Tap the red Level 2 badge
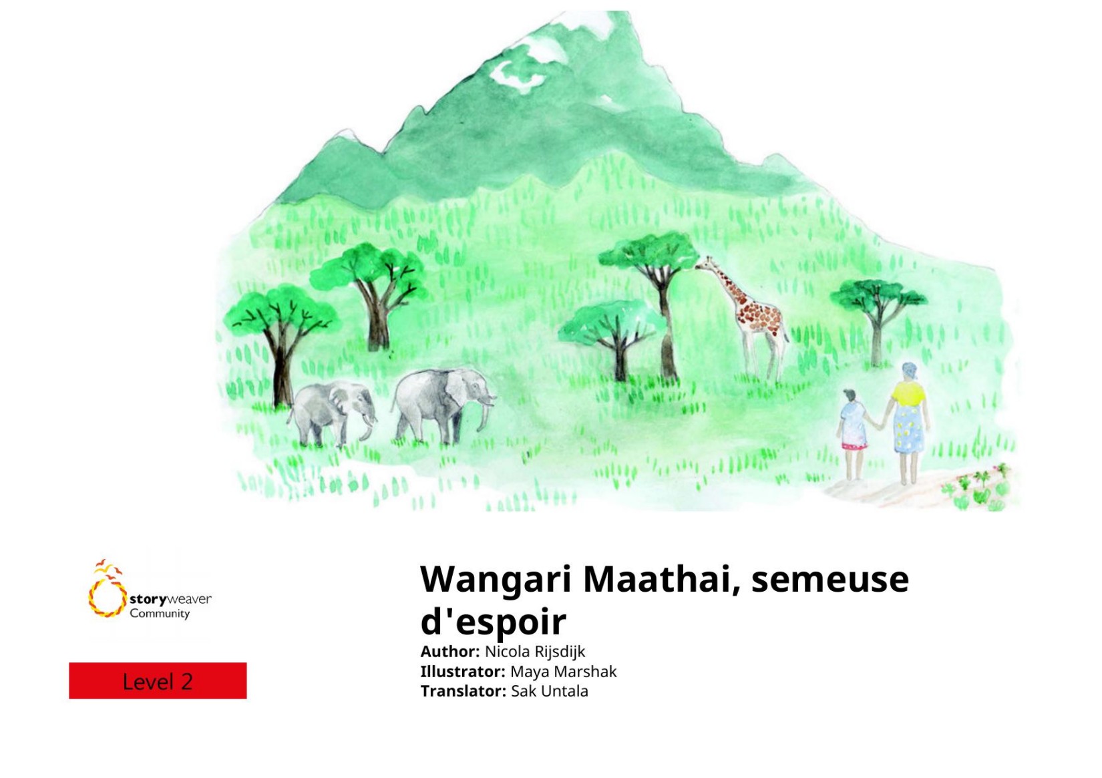pos(158,680)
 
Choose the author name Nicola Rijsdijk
pos(535,652)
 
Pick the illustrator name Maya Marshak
pos(563,671)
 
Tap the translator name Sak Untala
pos(550,691)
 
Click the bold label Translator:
pos(464,691)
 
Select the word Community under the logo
pos(160,614)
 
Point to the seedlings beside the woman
pos(976,487)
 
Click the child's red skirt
pos(854,446)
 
